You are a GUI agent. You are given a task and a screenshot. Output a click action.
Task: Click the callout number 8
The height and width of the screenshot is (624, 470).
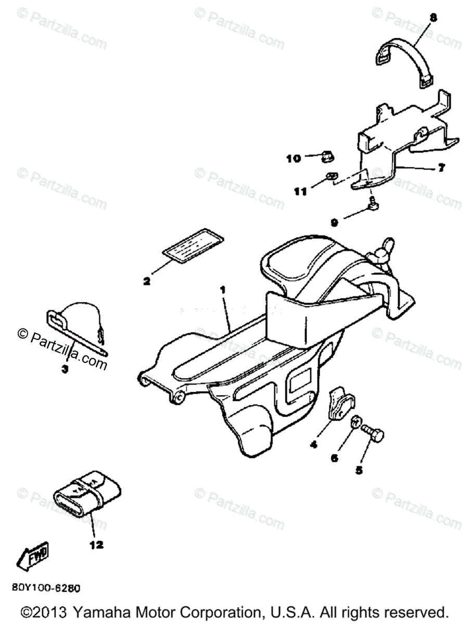click(x=433, y=18)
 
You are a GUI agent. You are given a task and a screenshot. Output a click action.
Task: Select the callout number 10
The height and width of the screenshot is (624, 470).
click(x=294, y=158)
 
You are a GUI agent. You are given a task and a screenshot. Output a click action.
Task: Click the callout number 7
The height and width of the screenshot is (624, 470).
click(x=441, y=169)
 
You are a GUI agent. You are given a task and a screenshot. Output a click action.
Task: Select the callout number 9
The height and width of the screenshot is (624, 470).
click(x=335, y=222)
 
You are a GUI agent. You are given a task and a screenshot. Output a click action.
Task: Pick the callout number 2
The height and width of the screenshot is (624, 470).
click(x=147, y=281)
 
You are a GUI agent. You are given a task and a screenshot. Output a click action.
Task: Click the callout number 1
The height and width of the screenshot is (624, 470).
click(x=223, y=290)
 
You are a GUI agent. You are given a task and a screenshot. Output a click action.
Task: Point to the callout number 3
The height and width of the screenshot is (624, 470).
click(x=65, y=370)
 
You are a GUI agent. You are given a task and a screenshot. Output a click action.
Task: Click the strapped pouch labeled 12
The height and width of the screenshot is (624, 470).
click(x=87, y=494)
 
